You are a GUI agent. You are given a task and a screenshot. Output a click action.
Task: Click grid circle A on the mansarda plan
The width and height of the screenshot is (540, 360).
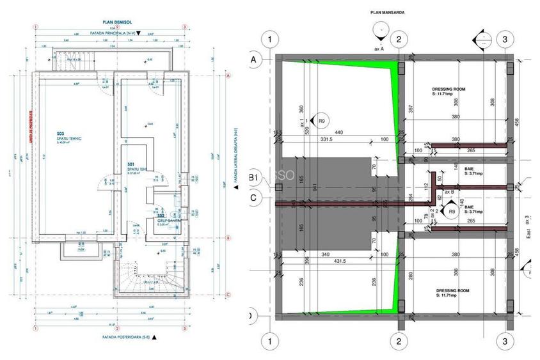[253, 59]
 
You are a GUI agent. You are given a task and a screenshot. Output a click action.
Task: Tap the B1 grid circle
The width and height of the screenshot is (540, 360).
[253, 178]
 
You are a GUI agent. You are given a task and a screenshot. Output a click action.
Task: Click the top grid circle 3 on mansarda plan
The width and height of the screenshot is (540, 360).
[505, 40]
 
